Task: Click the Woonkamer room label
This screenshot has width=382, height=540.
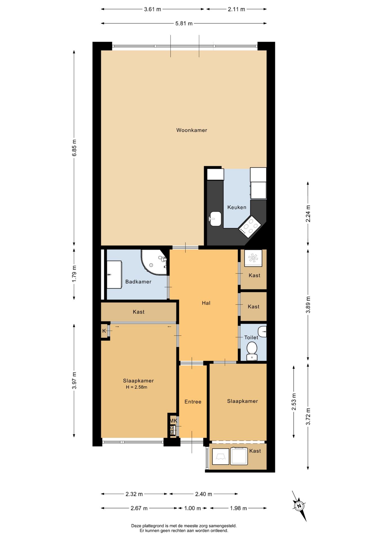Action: pyautogui.click(x=192, y=130)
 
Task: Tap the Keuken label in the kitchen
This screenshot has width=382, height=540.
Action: pyautogui.click(x=237, y=207)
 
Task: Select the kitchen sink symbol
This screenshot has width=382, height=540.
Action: pyautogui.click(x=215, y=219)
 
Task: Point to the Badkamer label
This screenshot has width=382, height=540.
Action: pyautogui.click(x=138, y=282)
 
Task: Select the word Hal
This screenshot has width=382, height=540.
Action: pyautogui.click(x=206, y=303)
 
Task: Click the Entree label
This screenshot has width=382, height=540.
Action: pyautogui.click(x=193, y=402)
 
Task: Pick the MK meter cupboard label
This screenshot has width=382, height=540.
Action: pyautogui.click(x=173, y=421)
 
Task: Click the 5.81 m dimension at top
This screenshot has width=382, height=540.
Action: pyautogui.click(x=184, y=24)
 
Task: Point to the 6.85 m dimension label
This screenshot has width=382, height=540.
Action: pyautogui.click(x=74, y=148)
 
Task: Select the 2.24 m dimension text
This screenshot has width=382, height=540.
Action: pyautogui.click(x=308, y=213)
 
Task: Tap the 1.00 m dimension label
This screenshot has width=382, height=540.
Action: pyautogui.click(x=192, y=508)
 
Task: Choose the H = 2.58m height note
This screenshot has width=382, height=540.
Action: pyautogui.click(x=136, y=387)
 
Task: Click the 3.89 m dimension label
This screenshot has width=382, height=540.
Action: pyautogui.click(x=308, y=305)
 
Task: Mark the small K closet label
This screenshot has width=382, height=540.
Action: pyautogui.click(x=104, y=331)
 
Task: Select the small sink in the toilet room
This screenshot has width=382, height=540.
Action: pyautogui.click(x=262, y=332)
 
